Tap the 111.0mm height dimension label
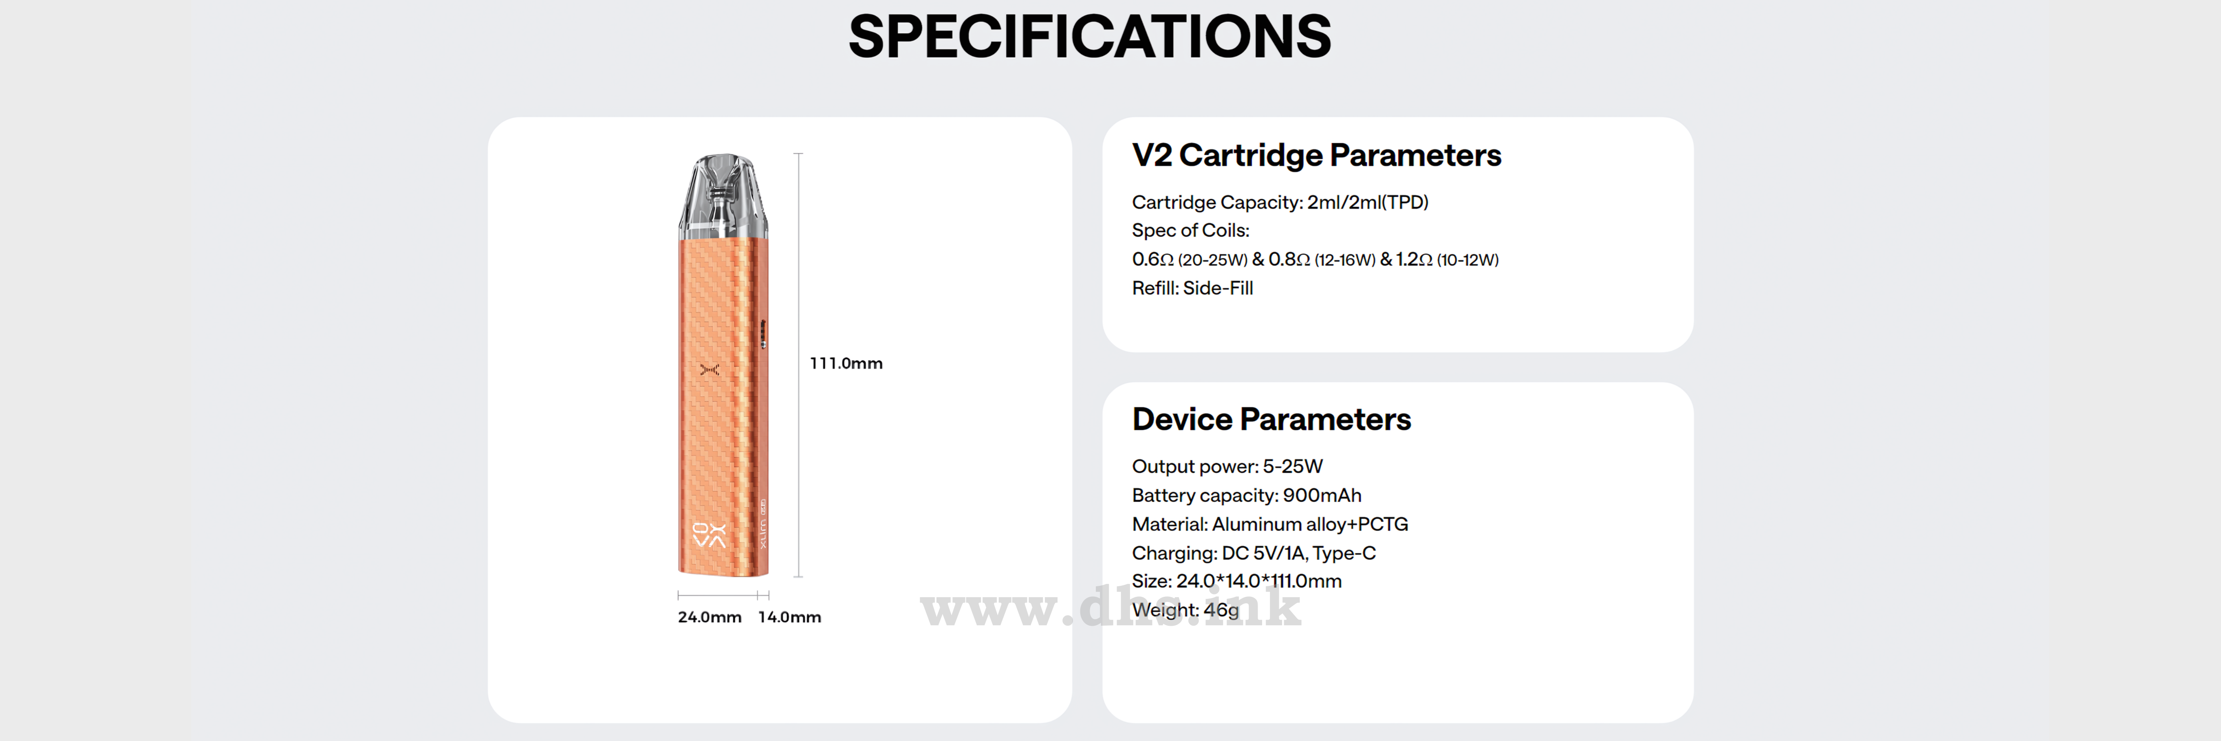pyautogui.click(x=846, y=364)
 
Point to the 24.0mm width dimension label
pyautogui.click(x=709, y=617)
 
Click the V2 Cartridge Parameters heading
pyautogui.click(x=1317, y=155)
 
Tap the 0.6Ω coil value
pyautogui.click(x=1153, y=259)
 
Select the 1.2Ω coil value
pyautogui.click(x=1414, y=259)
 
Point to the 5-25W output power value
pyautogui.click(x=1292, y=466)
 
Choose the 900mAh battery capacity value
pyautogui.click(x=1322, y=495)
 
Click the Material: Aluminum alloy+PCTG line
pyautogui.click(x=1270, y=524)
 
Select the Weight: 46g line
pyautogui.click(x=1185, y=610)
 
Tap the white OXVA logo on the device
pyautogui.click(x=709, y=535)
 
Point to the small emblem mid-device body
pyautogui.click(x=709, y=369)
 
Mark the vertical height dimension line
pyautogui.click(x=798, y=365)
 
